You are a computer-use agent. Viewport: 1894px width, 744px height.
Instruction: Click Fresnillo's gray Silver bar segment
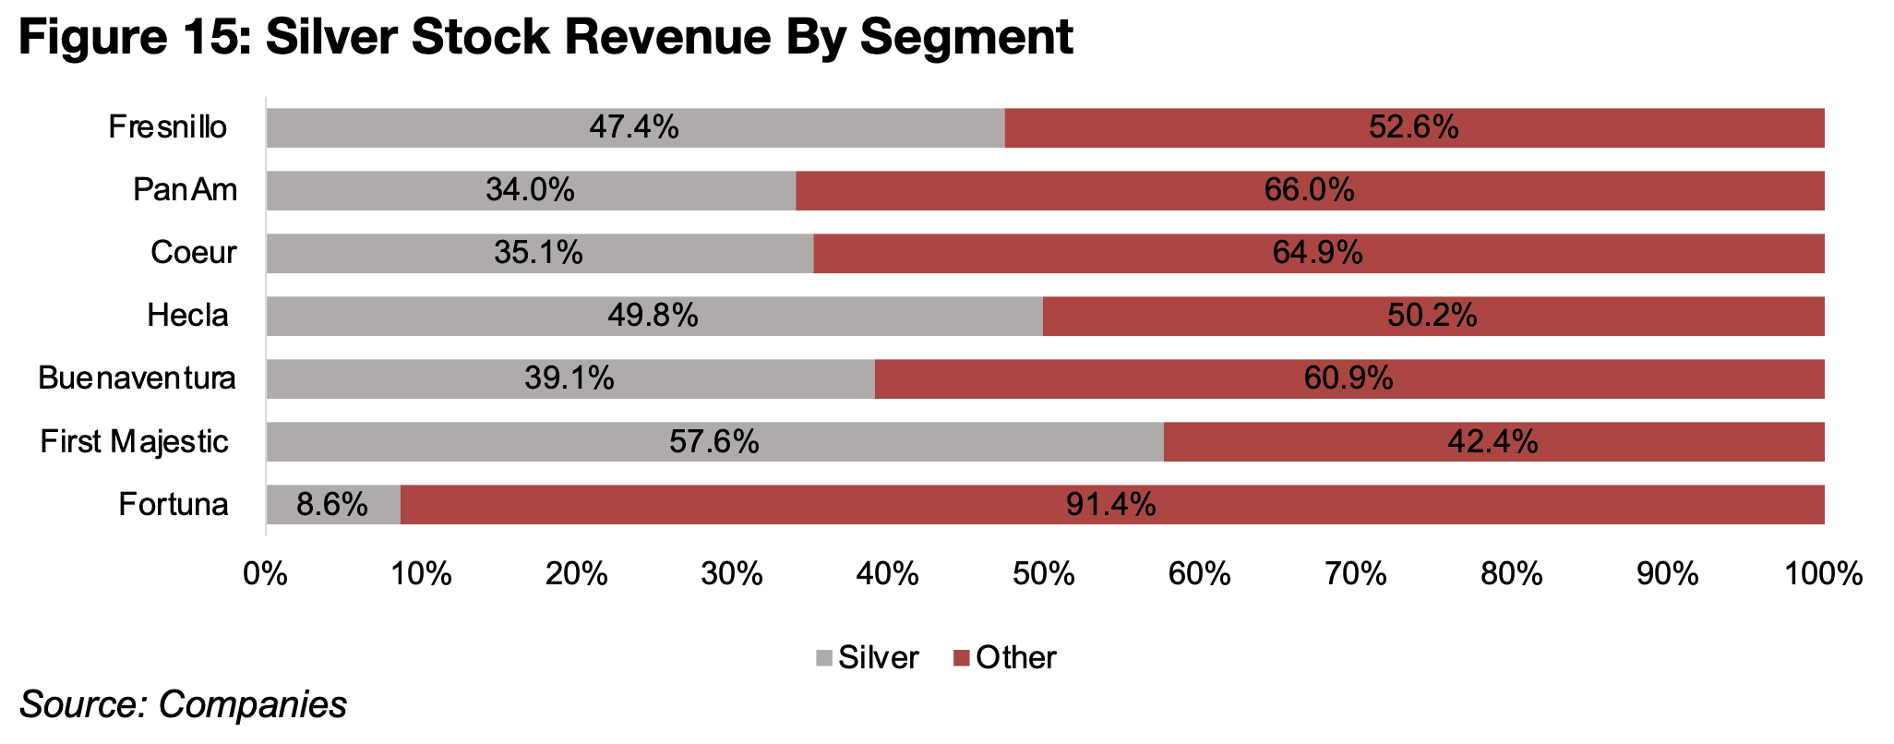pyautogui.click(x=635, y=127)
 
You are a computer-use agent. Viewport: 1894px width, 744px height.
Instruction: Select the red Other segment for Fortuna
pyautogui.click(x=1112, y=504)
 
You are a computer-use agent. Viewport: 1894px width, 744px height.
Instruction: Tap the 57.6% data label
pyautogui.click(x=714, y=441)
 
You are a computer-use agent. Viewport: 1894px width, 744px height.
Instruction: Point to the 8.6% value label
pyautogui.click(x=332, y=504)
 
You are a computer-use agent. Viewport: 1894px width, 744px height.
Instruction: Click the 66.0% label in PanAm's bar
pyautogui.click(x=1310, y=190)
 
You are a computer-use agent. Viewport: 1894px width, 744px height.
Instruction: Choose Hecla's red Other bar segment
pyautogui.click(x=1433, y=316)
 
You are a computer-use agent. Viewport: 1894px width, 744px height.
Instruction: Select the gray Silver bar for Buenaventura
pyautogui.click(x=570, y=378)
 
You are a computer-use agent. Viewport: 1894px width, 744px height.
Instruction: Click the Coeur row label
pyautogui.click(x=194, y=252)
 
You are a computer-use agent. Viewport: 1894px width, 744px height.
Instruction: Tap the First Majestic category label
pyautogui.click(x=134, y=441)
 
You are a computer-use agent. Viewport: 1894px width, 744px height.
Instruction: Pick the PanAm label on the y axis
pyautogui.click(x=186, y=190)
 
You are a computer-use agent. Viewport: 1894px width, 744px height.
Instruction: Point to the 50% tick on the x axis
pyautogui.click(x=1044, y=574)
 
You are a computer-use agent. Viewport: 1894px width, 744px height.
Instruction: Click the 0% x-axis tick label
pyautogui.click(x=266, y=574)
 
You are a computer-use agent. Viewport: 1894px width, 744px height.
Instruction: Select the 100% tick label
pyautogui.click(x=1824, y=574)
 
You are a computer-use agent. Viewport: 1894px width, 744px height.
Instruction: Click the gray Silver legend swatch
pyautogui.click(x=823, y=658)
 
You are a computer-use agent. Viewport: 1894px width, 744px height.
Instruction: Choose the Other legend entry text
pyautogui.click(x=1016, y=657)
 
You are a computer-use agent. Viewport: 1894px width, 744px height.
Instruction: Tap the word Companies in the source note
pyautogui.click(x=252, y=704)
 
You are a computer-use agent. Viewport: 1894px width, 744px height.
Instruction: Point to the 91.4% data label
pyautogui.click(x=1111, y=504)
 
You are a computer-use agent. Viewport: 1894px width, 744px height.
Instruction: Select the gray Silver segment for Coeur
pyautogui.click(x=540, y=253)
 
